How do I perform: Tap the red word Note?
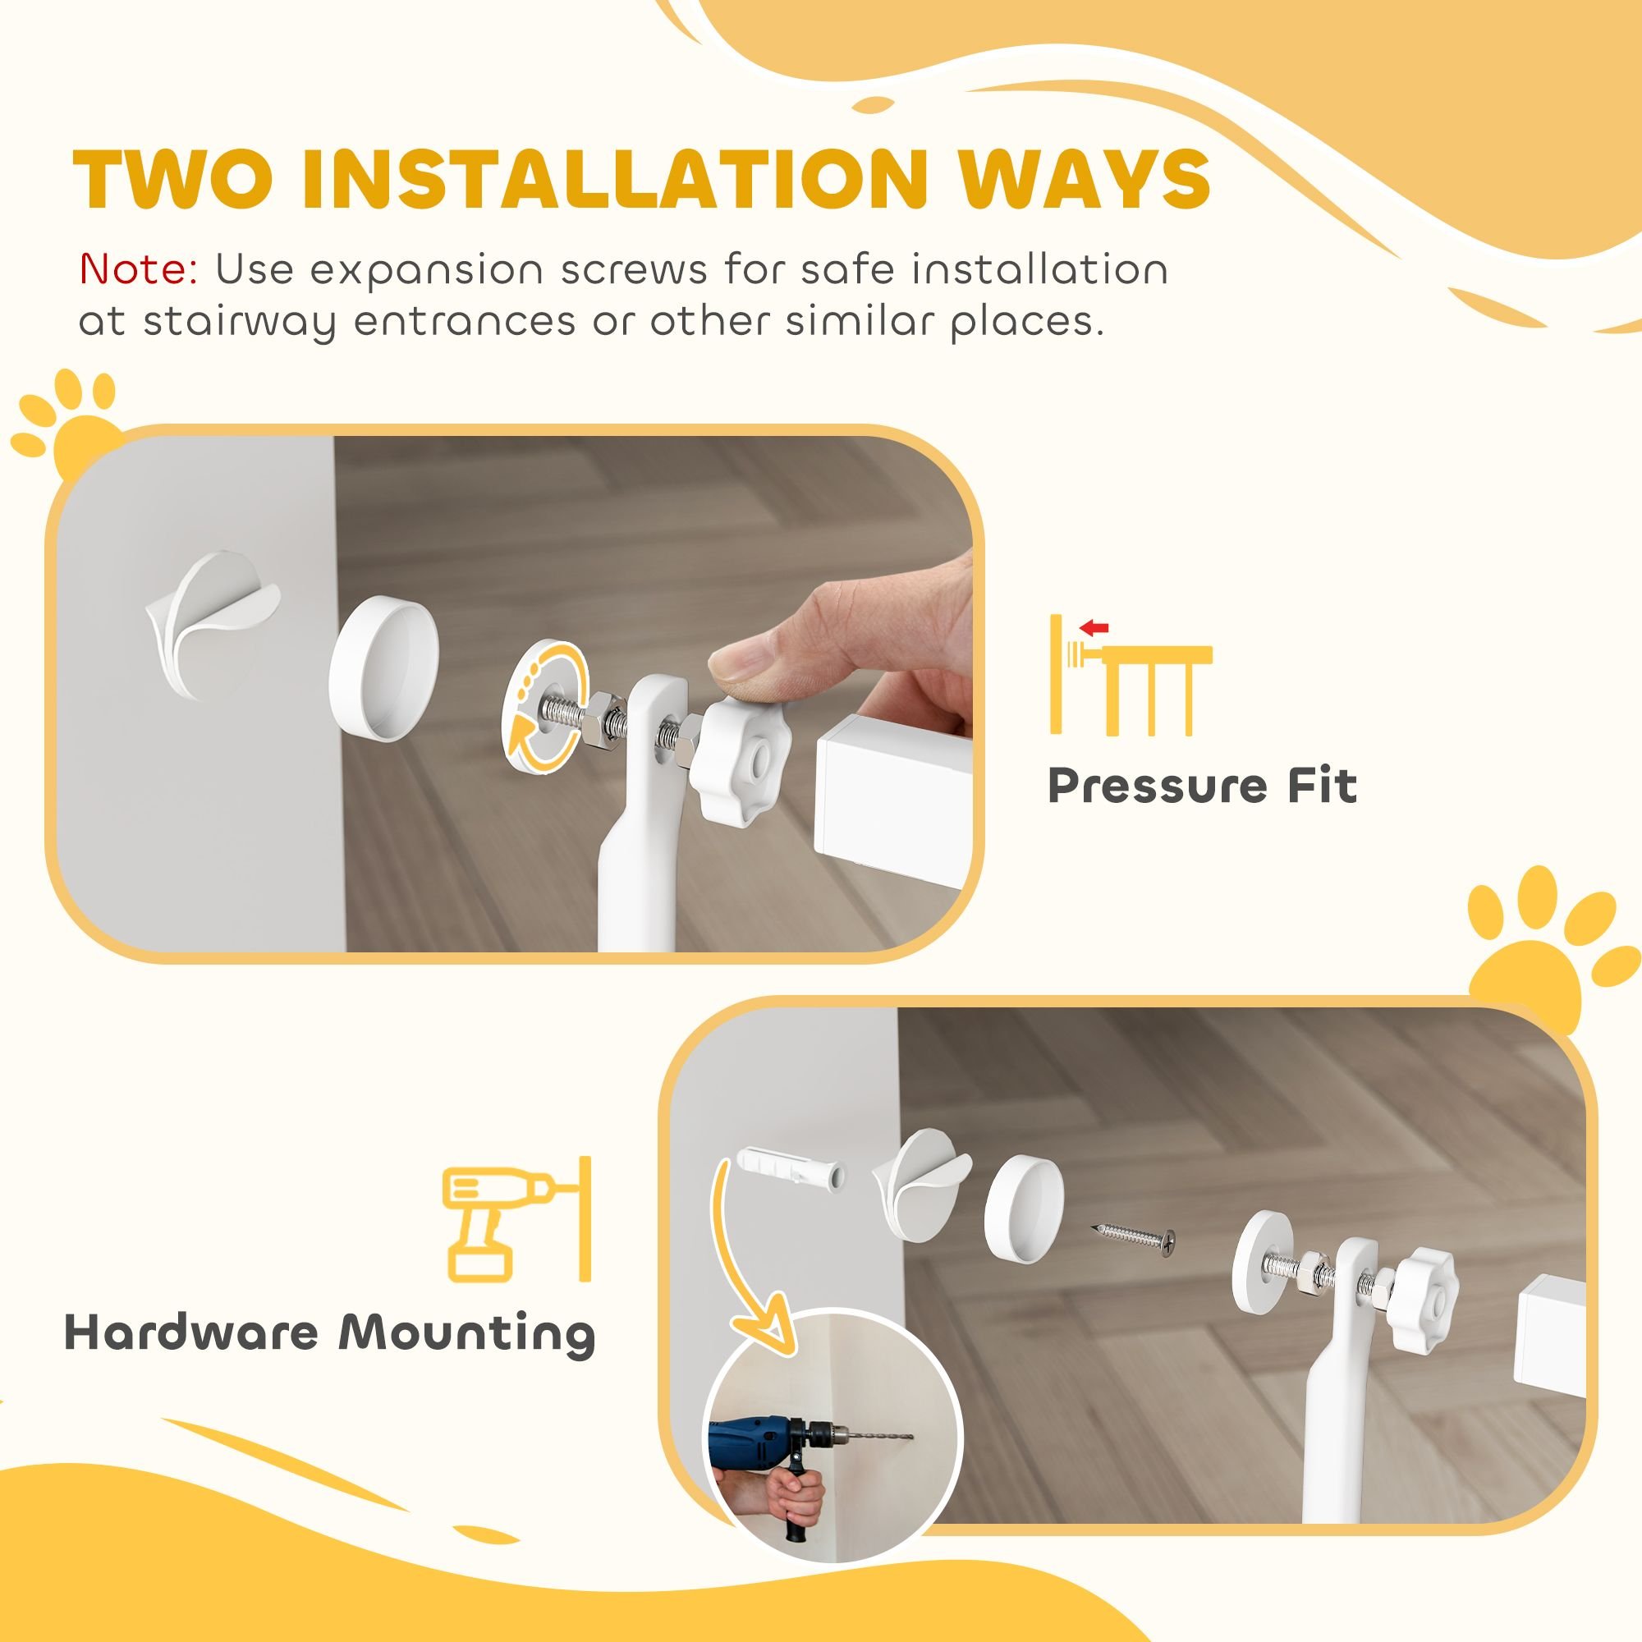pos(139,269)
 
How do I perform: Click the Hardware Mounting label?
pos(330,1332)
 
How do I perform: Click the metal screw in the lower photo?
pos(1133,1241)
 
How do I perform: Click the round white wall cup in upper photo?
pos(383,669)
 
